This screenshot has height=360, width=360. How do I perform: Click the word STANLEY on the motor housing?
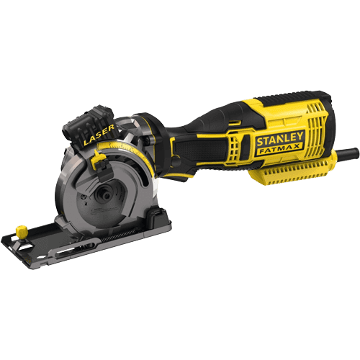(279, 139)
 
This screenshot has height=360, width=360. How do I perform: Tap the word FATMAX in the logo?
(279, 149)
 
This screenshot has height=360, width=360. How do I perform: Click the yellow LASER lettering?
(99, 135)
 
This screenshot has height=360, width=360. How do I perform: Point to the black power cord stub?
(346, 153)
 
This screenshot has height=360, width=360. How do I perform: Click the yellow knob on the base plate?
(21, 231)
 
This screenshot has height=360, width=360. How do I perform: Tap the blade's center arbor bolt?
(107, 196)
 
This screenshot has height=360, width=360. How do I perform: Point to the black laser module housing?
(88, 125)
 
